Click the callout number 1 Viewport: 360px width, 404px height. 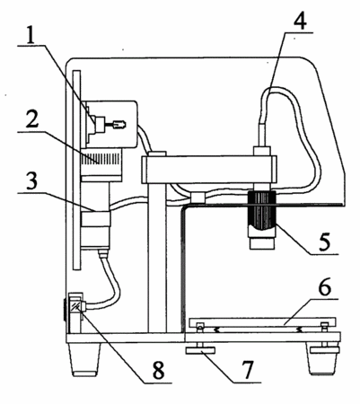pyautogui.click(x=31, y=34)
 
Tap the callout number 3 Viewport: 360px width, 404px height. pyautogui.click(x=31, y=181)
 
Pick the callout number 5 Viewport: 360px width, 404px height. pyautogui.click(x=324, y=242)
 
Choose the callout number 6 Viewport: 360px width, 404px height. pyautogui.click(x=324, y=287)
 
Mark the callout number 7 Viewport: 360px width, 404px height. pyautogui.click(x=247, y=370)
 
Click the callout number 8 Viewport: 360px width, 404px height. pyautogui.click(x=158, y=371)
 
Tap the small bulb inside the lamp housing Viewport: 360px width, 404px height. pyautogui.click(x=119, y=124)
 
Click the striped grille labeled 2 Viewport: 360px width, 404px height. pyautogui.click(x=101, y=158)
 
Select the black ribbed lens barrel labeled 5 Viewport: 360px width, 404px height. pyautogui.click(x=262, y=210)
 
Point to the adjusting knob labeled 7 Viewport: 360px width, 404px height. pyautogui.click(x=200, y=350)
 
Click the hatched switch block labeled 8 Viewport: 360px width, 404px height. pyautogui.click(x=75, y=306)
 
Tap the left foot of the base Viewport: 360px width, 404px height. pyautogui.click(x=85, y=359)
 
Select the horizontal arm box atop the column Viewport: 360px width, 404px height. pyautogui.click(x=209, y=170)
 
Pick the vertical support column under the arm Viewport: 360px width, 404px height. pyautogui.click(x=157, y=258)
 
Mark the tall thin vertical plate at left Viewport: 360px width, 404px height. pyautogui.click(x=76, y=170)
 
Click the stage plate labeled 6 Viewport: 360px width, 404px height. pyautogui.click(x=263, y=322)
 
